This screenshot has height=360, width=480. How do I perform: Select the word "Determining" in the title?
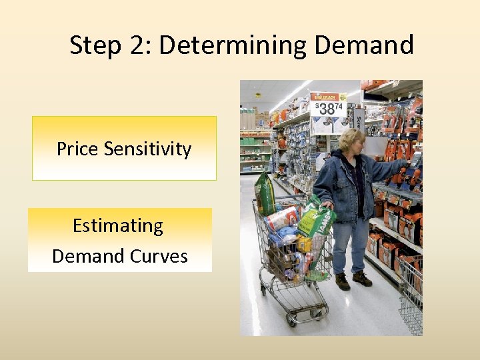(233, 45)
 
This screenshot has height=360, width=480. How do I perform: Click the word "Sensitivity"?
(147, 149)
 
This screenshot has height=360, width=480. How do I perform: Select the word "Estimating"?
(118, 225)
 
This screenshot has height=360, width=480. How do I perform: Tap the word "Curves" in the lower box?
(159, 256)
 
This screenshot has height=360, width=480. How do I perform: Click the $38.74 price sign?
(329, 106)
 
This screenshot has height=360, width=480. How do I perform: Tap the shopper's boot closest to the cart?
(343, 281)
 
